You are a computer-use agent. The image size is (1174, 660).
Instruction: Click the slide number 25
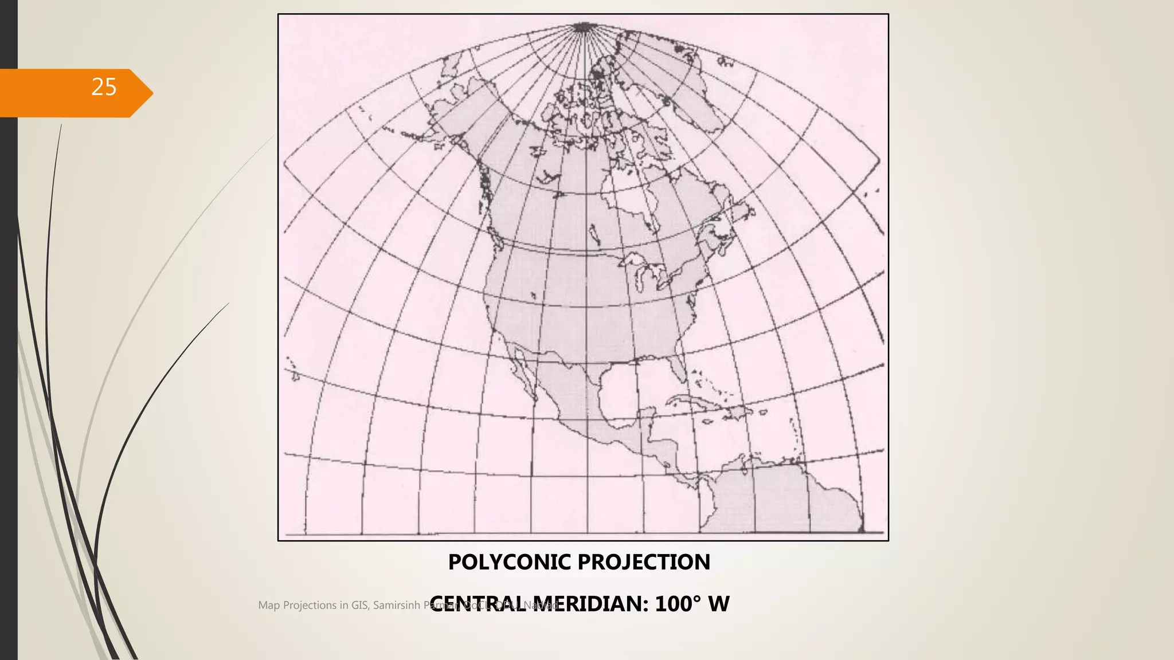tap(104, 87)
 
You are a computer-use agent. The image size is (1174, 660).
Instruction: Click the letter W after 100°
tap(719, 604)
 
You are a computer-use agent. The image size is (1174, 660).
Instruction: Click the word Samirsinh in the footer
tap(396, 605)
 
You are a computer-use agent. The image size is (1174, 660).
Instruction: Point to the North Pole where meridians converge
tap(582, 26)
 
